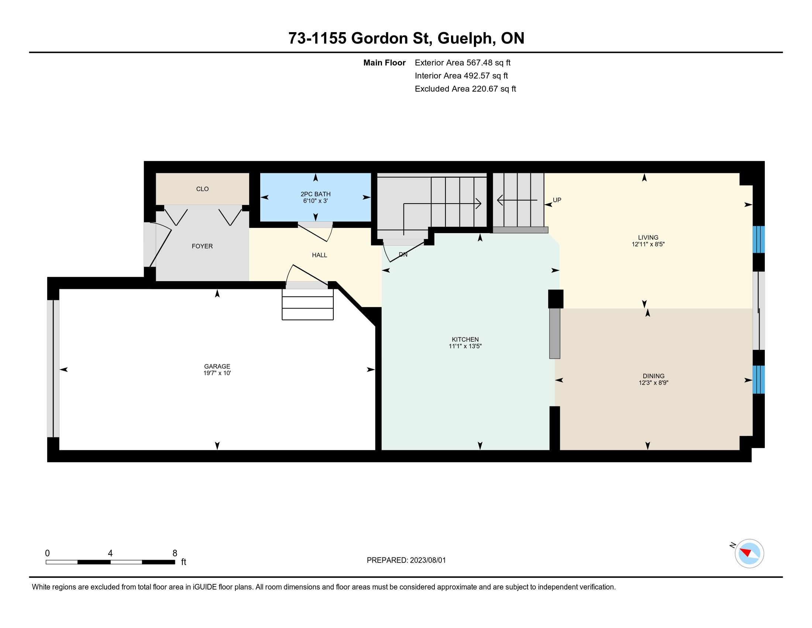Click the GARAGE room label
217,366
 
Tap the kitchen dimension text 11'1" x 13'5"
465,346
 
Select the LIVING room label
648,238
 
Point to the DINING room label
653,376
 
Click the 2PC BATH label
315,194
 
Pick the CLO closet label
202,189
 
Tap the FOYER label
202,246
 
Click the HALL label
319,255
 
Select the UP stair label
557,200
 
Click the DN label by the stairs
403,255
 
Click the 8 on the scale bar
175,553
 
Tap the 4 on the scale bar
110,553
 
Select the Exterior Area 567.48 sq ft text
462,62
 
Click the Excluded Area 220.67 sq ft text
465,89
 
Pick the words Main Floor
385,62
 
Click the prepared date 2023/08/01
427,560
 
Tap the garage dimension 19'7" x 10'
217,373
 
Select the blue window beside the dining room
758,379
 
